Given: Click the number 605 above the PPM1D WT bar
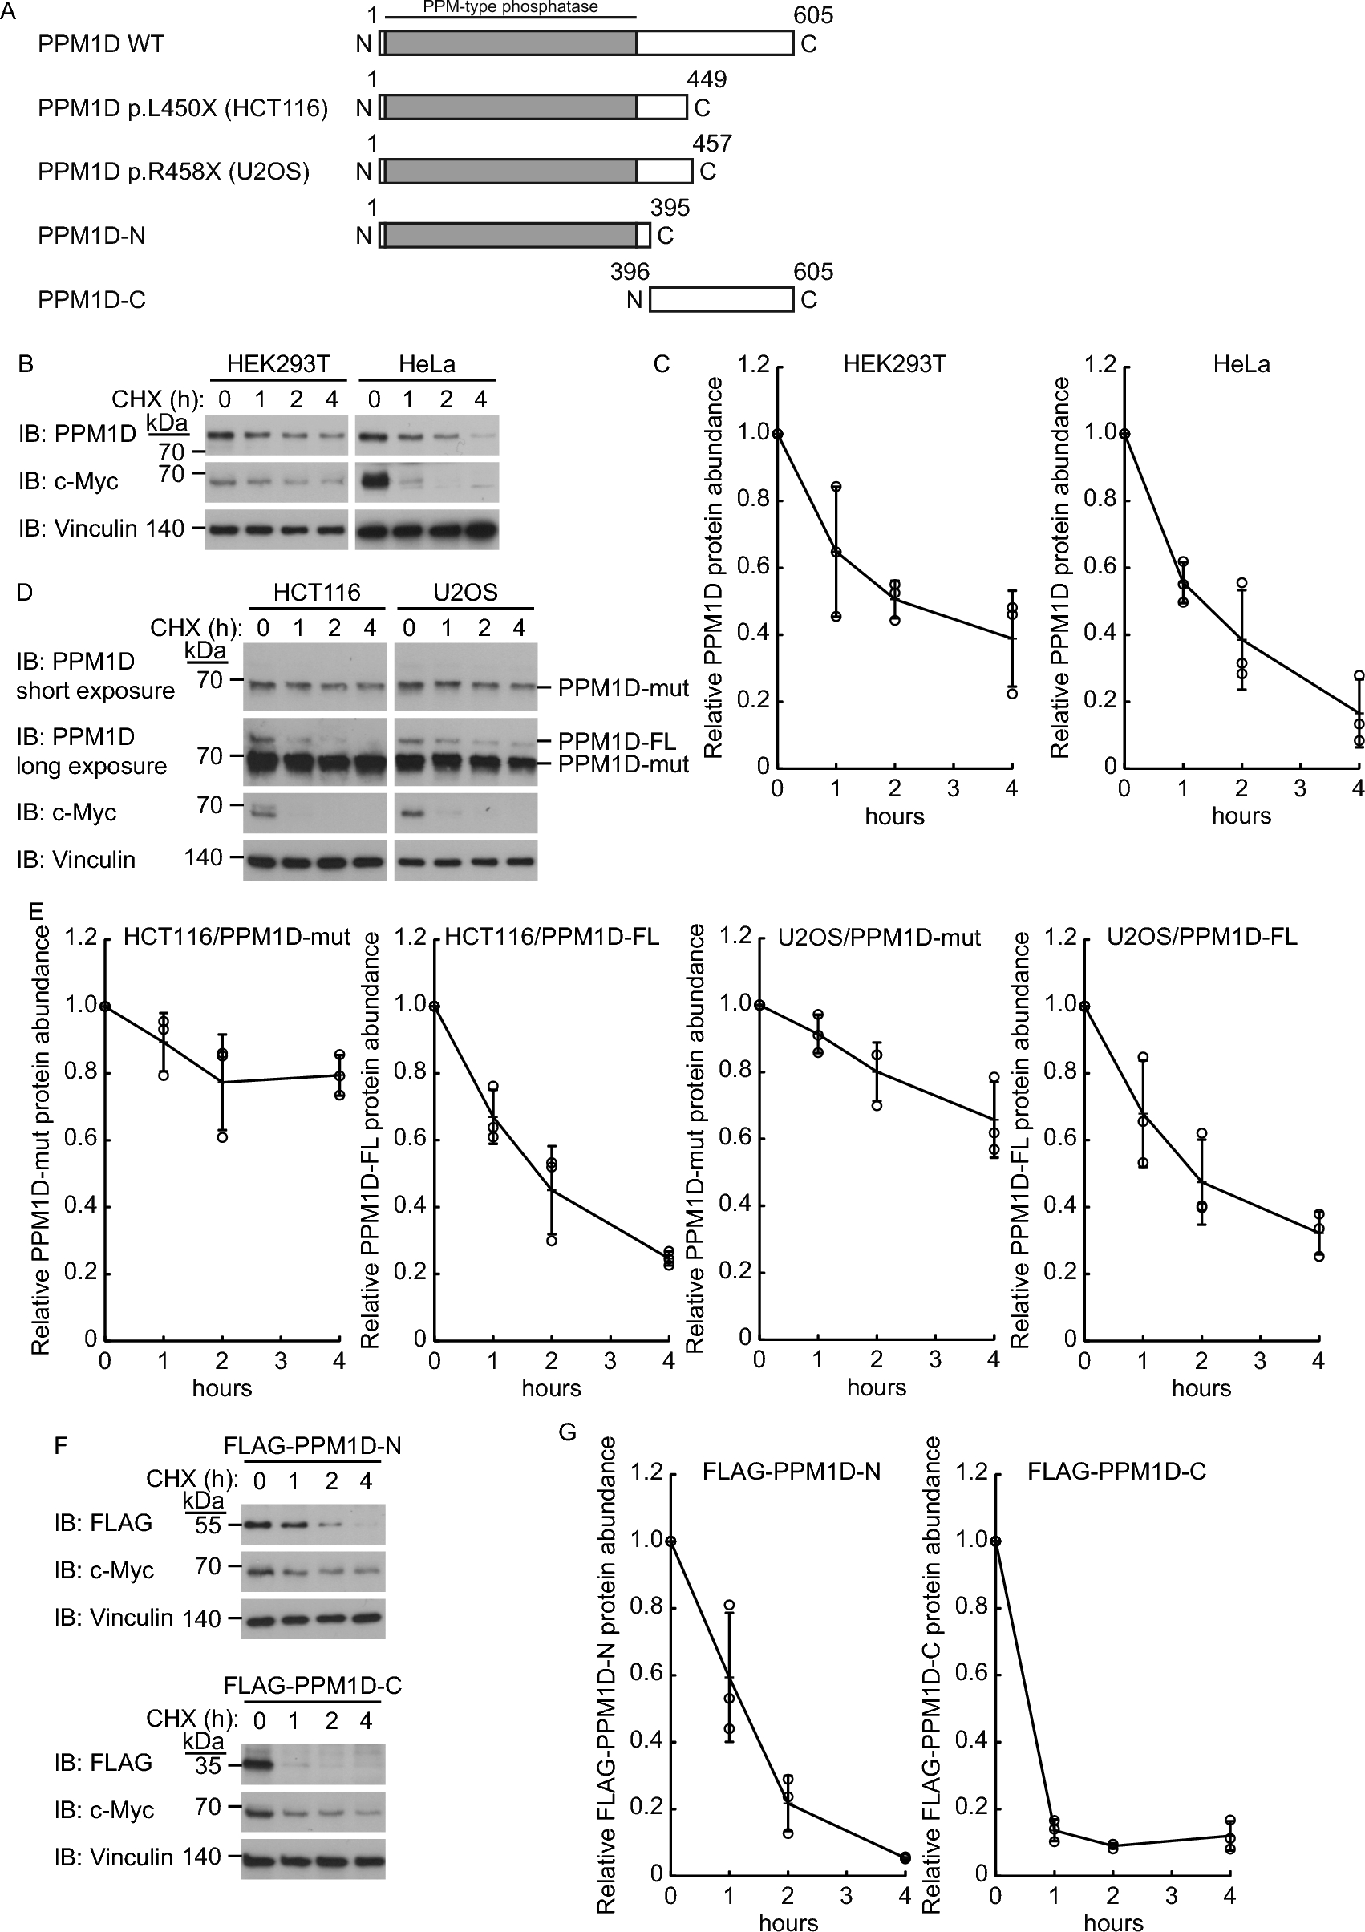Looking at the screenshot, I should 812,15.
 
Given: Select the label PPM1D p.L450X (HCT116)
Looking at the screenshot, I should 183,107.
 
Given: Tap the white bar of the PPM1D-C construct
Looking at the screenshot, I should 721,300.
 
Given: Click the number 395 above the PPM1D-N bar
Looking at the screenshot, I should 670,208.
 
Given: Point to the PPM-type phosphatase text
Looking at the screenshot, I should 510,7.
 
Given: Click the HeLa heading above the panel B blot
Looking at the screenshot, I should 427,364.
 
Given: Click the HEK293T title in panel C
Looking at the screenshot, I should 893,364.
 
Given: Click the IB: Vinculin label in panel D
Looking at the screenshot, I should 75,859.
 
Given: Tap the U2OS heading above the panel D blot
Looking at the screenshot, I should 464,593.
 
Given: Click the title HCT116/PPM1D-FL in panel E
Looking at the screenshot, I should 552,937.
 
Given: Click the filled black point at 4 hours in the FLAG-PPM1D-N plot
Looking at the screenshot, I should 905,1857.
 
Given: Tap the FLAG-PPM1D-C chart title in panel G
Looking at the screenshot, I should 1116,1472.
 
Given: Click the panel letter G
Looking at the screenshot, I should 568,1432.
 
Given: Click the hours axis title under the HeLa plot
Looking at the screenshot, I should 1241,816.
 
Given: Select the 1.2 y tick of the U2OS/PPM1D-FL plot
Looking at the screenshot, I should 1061,937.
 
